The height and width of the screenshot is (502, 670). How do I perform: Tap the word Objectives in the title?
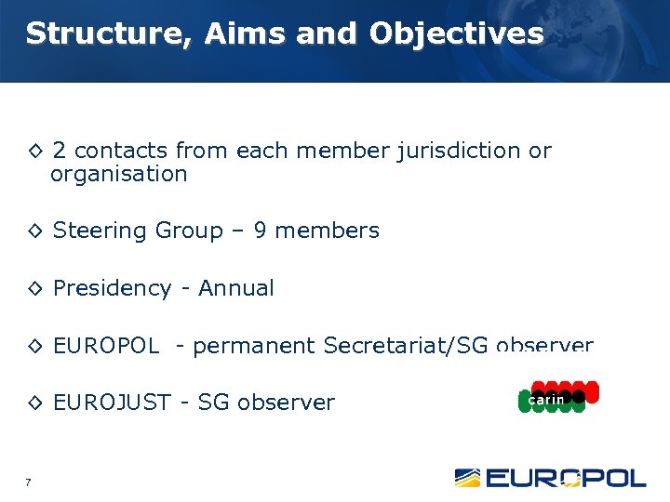click(456, 34)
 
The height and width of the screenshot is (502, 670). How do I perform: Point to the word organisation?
click(119, 174)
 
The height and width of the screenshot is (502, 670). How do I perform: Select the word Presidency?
click(112, 288)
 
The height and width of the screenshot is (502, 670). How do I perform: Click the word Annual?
click(236, 288)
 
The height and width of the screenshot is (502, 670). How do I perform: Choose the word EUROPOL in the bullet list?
click(106, 346)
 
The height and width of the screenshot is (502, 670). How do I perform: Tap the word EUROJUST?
click(112, 403)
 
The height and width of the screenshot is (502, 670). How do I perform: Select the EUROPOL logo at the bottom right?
click(550, 478)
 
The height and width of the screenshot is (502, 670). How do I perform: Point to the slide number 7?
click(29, 482)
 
